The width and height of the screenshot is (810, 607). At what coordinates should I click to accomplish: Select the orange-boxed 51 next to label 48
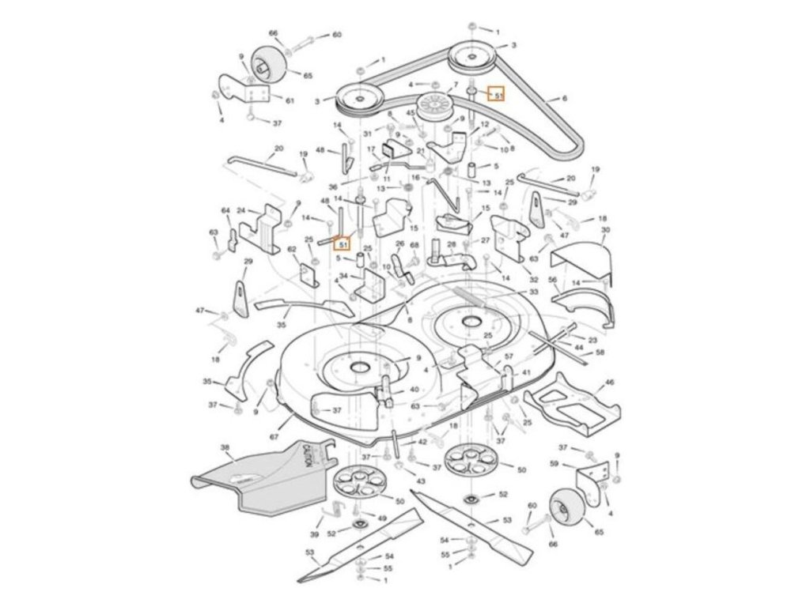343,244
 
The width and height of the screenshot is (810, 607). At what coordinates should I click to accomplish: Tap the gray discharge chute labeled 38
261,482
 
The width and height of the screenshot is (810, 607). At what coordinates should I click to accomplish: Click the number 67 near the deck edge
274,437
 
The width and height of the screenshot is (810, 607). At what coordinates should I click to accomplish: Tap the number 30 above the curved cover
605,230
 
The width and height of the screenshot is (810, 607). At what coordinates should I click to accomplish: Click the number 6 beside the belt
565,99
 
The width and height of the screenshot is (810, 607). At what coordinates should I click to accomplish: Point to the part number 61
290,100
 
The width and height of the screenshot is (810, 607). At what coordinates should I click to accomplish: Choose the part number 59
554,463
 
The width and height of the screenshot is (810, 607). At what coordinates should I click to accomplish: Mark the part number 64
225,210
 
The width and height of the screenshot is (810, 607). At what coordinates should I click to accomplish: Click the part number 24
241,210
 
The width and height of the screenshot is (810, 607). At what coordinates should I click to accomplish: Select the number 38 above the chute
225,447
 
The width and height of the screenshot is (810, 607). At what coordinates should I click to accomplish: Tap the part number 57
509,357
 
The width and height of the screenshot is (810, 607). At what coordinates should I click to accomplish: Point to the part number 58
600,353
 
